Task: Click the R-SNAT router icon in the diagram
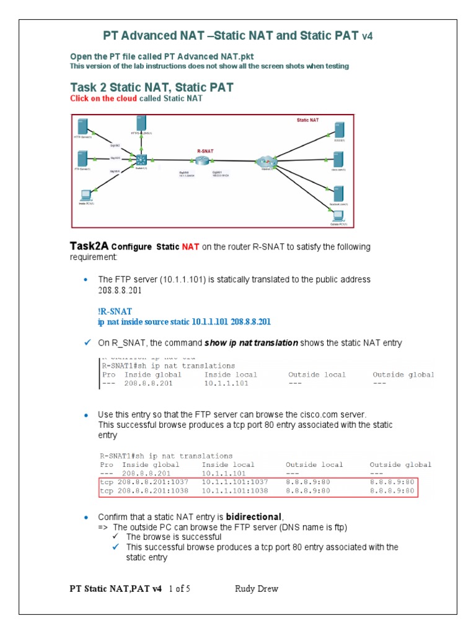pos(203,160)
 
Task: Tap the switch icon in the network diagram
pos(141,160)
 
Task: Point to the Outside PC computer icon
pos(338,215)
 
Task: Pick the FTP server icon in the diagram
pos(82,158)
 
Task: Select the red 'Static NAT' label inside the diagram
pos(308,121)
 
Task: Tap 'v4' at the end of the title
pos(367,37)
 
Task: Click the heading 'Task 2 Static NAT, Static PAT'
pos(151,87)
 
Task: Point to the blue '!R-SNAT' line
pos(115,311)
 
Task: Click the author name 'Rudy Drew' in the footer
pos(257,589)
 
